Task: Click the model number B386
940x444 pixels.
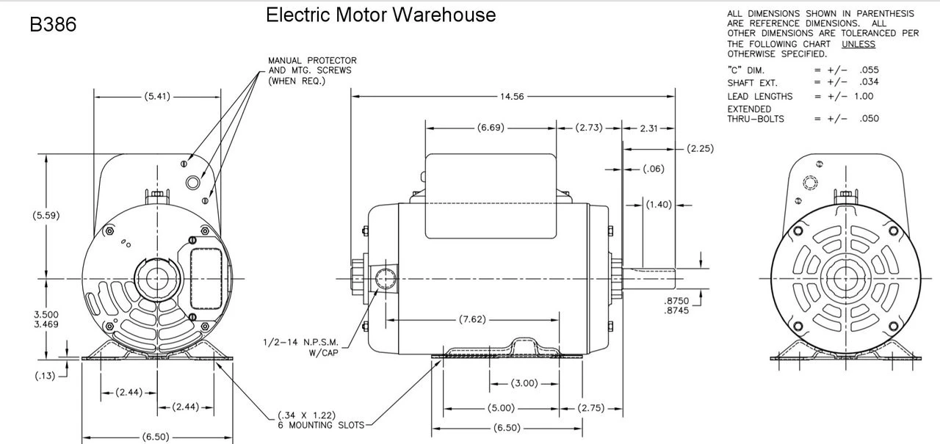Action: coord(53,25)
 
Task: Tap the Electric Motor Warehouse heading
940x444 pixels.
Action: coord(380,15)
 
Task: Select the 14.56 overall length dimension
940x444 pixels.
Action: coord(512,96)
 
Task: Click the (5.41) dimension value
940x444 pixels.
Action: coord(156,96)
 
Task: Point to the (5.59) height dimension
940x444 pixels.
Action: coord(46,216)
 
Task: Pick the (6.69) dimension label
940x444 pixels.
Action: coord(490,128)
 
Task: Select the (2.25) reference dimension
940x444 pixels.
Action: coord(700,149)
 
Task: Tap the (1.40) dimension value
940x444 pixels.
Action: coord(659,205)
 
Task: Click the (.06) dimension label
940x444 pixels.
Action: coord(653,170)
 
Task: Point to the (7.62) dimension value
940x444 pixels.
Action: coord(471,320)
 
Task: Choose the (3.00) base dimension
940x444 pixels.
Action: coord(524,383)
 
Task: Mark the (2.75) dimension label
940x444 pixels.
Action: coord(591,408)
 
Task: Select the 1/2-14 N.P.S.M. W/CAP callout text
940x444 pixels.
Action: coord(301,347)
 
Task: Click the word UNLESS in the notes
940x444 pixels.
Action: coord(858,44)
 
